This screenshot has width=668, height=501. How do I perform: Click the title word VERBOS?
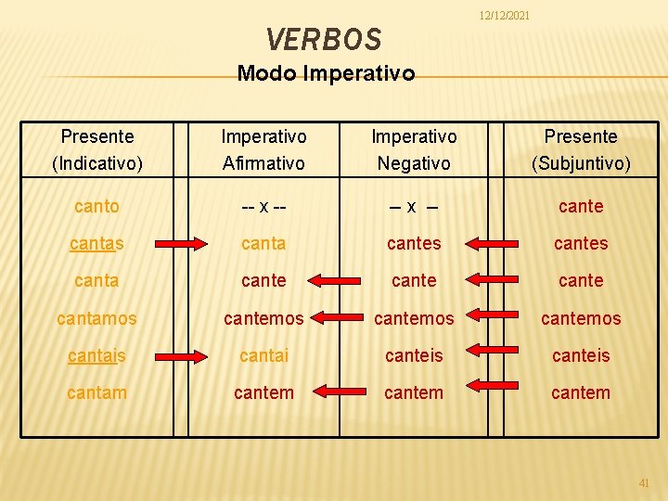pos(323,39)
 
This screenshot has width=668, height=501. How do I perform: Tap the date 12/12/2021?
pos(504,15)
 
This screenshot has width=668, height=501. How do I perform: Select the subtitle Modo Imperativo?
pos(326,73)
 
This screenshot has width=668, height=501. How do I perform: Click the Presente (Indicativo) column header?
pos(97,150)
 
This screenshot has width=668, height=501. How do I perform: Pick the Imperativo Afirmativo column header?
pos(263,150)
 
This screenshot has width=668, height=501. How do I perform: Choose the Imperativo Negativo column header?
pos(414,150)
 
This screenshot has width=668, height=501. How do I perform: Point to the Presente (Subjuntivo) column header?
pos(581,150)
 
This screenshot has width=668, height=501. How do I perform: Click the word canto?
pos(97,207)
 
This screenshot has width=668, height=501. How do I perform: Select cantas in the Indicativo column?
pos(97,244)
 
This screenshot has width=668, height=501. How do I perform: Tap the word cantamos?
pos(97,318)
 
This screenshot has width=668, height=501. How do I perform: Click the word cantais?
pos(97,355)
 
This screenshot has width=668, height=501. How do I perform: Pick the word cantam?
pos(97,392)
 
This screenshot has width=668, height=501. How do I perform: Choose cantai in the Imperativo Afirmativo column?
pos(263,355)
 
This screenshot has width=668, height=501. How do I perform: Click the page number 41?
pos(645,482)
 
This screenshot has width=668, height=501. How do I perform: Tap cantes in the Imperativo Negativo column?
pos(414,244)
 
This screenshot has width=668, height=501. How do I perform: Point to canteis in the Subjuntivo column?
pos(581,355)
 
